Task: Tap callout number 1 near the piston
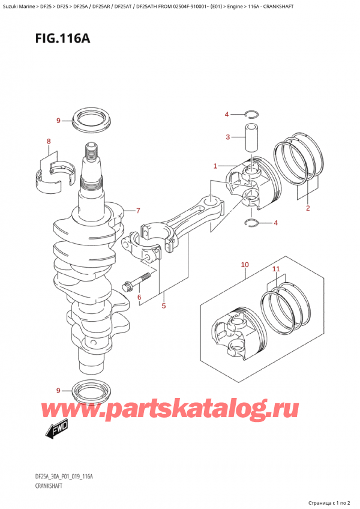pyautogui.click(x=215, y=166)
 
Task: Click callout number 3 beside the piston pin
pyautogui.click(x=227, y=137)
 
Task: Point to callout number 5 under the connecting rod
pyautogui.click(x=163, y=307)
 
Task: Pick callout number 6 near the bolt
pyautogui.click(x=139, y=297)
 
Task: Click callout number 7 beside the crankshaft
pyautogui.click(x=138, y=211)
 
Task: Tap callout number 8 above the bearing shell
pyautogui.click(x=49, y=142)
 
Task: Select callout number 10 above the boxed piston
pyautogui.click(x=244, y=265)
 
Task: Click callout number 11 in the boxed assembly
pyautogui.click(x=276, y=270)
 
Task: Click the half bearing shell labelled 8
pyautogui.click(x=52, y=175)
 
